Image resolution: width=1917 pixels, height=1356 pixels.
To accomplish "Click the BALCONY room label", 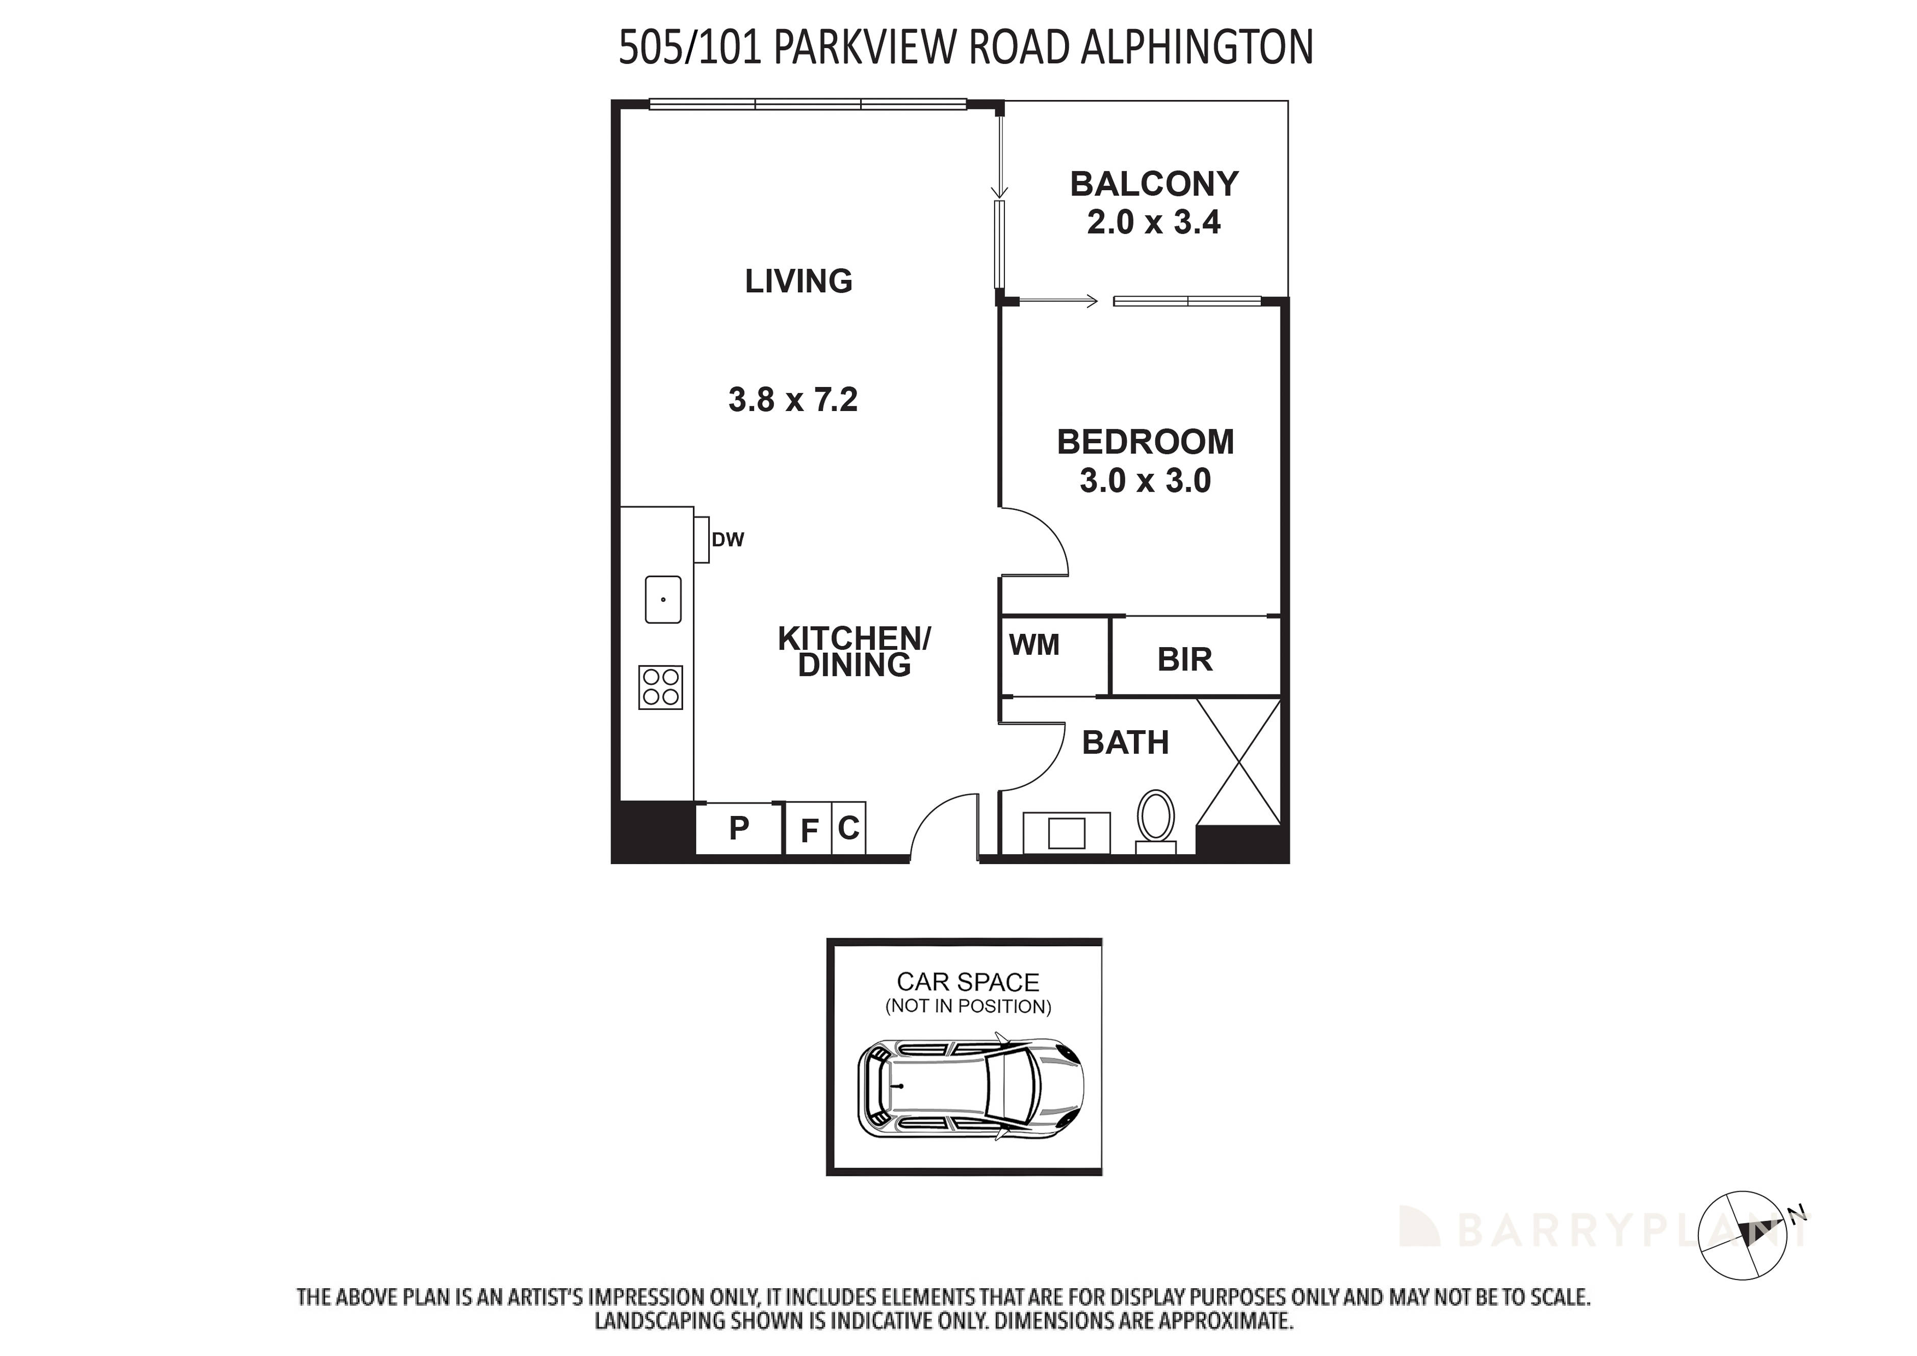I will tap(1154, 184).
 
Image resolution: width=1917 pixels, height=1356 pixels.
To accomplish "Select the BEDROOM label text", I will tap(1145, 442).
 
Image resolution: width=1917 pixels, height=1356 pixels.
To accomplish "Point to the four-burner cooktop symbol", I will tap(660, 687).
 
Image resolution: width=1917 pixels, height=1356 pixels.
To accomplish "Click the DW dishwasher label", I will tap(727, 540).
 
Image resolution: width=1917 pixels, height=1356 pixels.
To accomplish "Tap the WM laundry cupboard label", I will tap(1033, 645).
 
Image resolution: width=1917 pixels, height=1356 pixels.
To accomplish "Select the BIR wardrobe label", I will tap(1184, 659).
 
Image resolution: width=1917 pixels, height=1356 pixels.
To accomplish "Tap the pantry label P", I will tap(739, 828).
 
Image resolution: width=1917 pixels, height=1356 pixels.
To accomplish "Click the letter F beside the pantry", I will tap(808, 831).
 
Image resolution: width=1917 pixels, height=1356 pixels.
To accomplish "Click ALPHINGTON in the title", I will tap(1197, 47).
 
